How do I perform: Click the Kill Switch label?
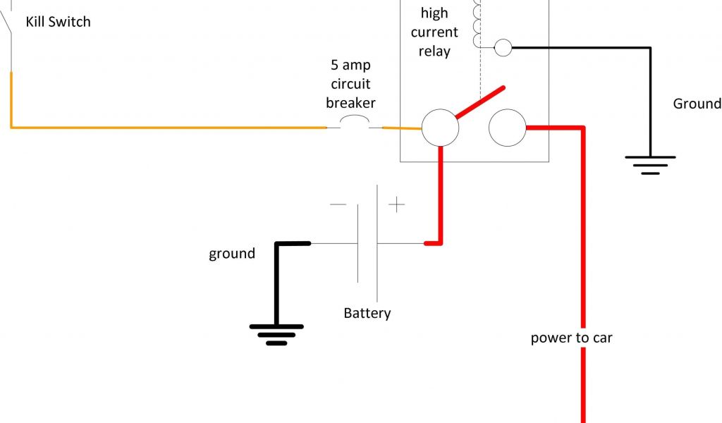click(x=58, y=22)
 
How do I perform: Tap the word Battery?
click(x=367, y=313)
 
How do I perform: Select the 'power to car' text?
click(x=571, y=338)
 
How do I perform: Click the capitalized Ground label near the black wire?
click(x=697, y=104)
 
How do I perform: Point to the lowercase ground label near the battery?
click(x=232, y=253)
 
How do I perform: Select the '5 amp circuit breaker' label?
click(x=350, y=84)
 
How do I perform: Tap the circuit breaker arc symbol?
click(x=354, y=123)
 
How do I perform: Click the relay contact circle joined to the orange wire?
click(x=440, y=128)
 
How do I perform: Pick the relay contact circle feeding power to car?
click(x=507, y=128)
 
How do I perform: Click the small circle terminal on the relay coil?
click(x=503, y=47)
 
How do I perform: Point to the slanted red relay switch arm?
click(x=480, y=103)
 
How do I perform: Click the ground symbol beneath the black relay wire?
click(x=650, y=164)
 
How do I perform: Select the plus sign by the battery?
click(x=397, y=205)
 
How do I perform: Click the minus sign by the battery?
click(x=338, y=205)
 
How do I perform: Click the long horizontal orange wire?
click(x=169, y=128)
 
